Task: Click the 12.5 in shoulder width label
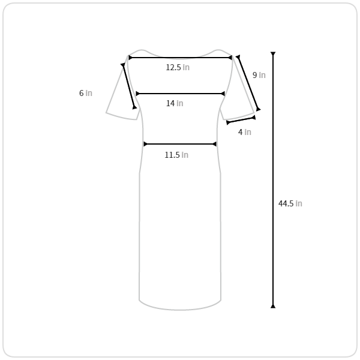click(x=178, y=67)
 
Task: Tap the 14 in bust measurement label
click(x=175, y=103)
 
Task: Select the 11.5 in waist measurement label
click(x=176, y=155)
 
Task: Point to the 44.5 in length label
click(x=290, y=203)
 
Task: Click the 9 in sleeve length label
click(x=259, y=75)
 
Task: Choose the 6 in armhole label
click(x=86, y=93)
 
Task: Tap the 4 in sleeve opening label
click(x=245, y=132)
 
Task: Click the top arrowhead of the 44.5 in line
click(x=273, y=54)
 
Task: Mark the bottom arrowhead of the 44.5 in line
click(x=273, y=306)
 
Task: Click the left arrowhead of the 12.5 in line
click(x=130, y=58)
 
